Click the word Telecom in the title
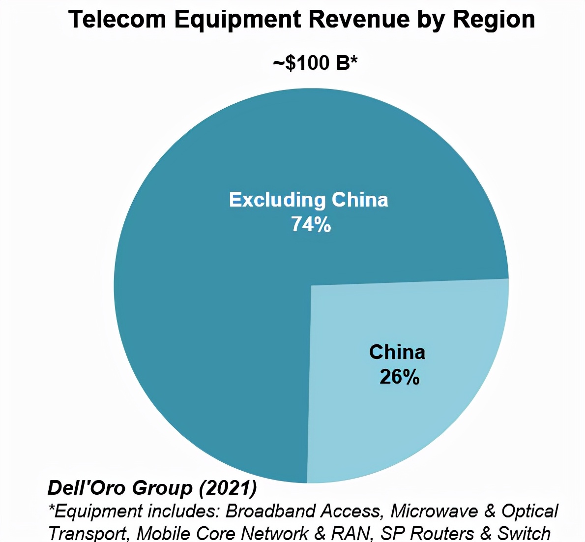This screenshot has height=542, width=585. pyautogui.click(x=117, y=20)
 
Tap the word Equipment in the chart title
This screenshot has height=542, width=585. pyautogui.click(x=237, y=20)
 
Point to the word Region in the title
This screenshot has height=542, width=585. pyautogui.click(x=494, y=20)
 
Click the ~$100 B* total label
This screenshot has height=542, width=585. pyautogui.click(x=315, y=63)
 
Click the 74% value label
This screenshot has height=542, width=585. pyautogui.click(x=311, y=224)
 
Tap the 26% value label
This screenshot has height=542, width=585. pyautogui.click(x=399, y=377)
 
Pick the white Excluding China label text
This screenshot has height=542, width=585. pyautogui.click(x=309, y=200)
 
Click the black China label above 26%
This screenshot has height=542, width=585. pyautogui.click(x=397, y=352)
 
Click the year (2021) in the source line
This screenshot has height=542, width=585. pyautogui.click(x=228, y=488)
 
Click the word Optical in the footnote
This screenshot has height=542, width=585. pyautogui.click(x=529, y=512)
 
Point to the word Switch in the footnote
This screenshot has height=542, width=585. pyautogui.click(x=524, y=533)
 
